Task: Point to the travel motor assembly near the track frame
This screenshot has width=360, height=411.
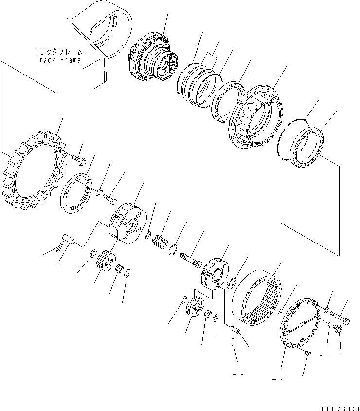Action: coord(151,59)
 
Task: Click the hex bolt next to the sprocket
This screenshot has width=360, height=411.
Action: coord(77,158)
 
